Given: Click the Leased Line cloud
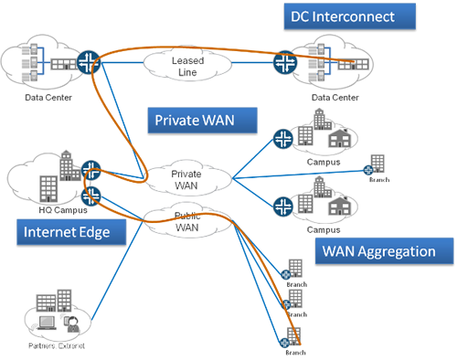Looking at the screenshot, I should (x=187, y=66).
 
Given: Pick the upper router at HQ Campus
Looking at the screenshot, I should (x=90, y=169).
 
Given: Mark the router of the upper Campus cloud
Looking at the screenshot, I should (x=282, y=140).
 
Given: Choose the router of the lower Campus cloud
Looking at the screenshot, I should (x=282, y=203).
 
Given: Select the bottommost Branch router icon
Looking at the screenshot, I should (x=284, y=344).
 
